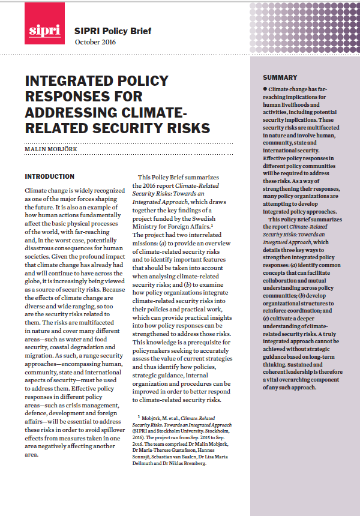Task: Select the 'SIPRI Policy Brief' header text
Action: click(112, 31)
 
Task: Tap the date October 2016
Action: click(95, 42)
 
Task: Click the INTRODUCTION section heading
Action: click(49, 177)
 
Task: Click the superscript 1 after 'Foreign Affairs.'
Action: click(212, 225)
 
